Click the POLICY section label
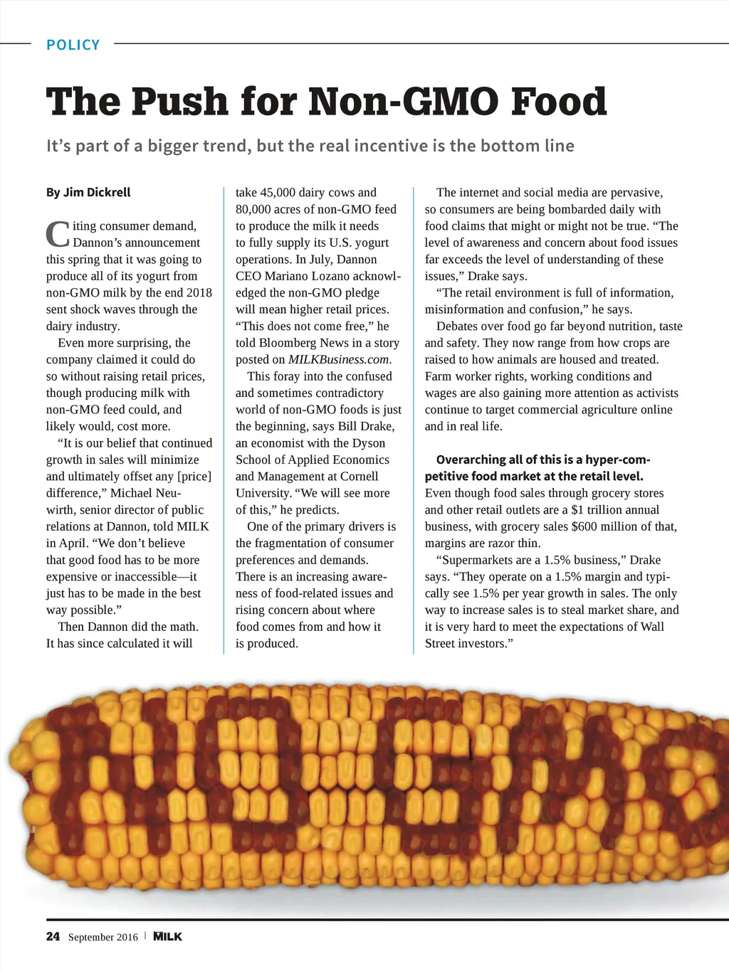(x=73, y=45)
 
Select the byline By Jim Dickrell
(x=88, y=192)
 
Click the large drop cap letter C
(x=58, y=234)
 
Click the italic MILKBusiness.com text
(x=339, y=359)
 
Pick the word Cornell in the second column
(x=360, y=476)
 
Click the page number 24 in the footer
(x=53, y=936)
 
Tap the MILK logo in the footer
(x=168, y=936)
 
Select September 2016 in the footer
(x=103, y=937)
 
